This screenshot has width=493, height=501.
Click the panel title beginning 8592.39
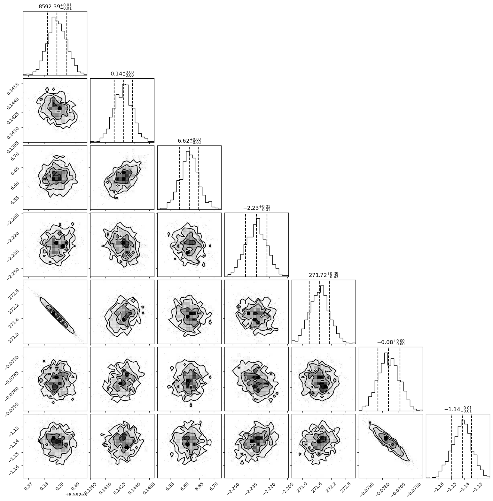pos(55,6)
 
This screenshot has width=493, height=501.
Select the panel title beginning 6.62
pos(189,141)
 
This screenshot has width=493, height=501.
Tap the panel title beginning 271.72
pos(324,275)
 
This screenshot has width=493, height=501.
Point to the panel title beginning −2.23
pos(256,208)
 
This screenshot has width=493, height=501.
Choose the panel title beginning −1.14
pos(458,409)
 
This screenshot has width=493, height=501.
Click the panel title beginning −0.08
pos(391,342)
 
